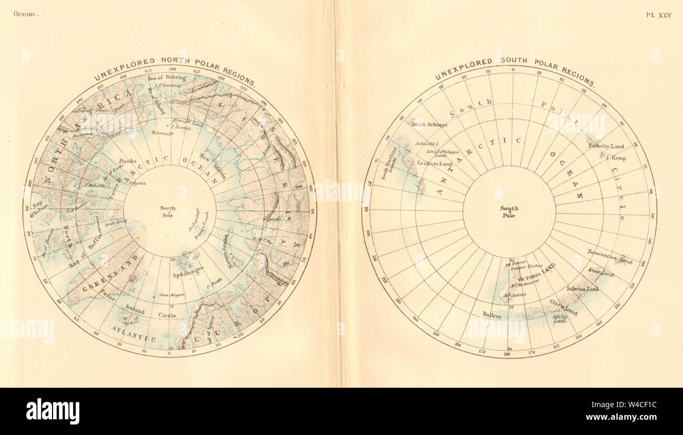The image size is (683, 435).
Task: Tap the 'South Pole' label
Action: [x=509, y=212]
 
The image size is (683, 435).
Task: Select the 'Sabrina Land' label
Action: [x=582, y=289]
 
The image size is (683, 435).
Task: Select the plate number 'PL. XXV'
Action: [x=659, y=15]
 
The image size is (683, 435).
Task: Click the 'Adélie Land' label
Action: [x=559, y=318]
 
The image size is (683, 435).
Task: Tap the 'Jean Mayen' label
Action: [x=172, y=295]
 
